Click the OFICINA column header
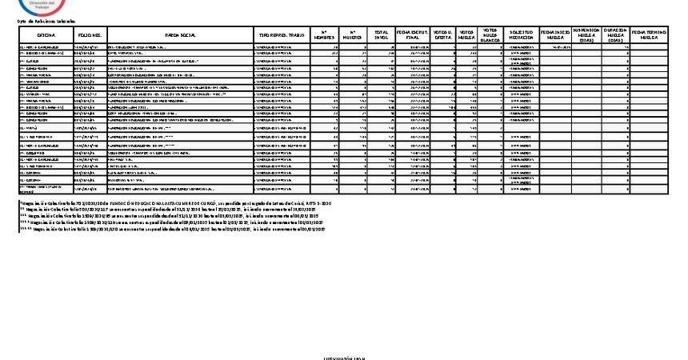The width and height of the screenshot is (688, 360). (x=45, y=37)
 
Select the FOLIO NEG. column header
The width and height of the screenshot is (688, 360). (x=90, y=37)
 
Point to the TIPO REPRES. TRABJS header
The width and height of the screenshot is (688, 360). (x=280, y=37)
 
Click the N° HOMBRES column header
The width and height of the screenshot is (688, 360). (x=323, y=37)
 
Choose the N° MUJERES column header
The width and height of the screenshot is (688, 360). (x=353, y=37)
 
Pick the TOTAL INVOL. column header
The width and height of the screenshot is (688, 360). (x=382, y=37)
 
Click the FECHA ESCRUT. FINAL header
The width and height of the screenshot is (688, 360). (x=414, y=37)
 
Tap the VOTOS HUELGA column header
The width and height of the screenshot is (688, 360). (x=467, y=37)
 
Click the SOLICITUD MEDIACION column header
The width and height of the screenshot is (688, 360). (x=522, y=37)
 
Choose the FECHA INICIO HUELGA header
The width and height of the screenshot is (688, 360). (x=555, y=37)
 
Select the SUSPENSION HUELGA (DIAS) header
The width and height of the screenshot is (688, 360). (x=586, y=36)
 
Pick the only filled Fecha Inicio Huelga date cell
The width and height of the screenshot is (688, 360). (x=555, y=48)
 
